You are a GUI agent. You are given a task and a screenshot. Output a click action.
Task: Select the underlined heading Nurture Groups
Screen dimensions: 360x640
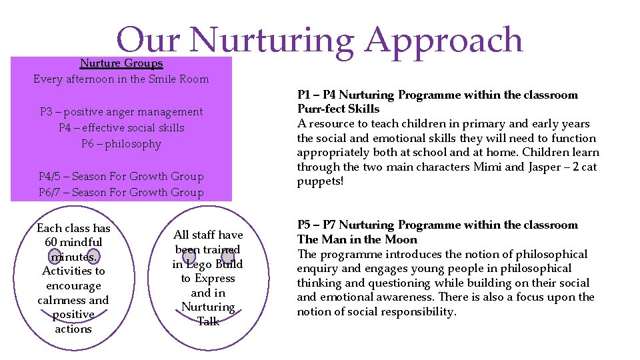121,63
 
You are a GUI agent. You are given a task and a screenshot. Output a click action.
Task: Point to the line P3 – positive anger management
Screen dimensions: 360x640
121,112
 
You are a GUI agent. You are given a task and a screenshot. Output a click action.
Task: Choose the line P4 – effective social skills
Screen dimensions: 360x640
121,128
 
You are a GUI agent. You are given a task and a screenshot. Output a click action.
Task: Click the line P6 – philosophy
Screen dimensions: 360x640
121,144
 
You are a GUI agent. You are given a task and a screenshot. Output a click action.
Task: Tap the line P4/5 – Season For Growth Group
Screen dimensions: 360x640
121,177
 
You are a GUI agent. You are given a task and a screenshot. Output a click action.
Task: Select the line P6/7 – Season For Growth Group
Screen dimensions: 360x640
121,193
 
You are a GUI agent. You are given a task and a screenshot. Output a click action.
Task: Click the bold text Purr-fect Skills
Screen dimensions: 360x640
338,109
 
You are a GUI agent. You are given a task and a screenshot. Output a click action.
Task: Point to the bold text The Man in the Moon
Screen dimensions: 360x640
357,239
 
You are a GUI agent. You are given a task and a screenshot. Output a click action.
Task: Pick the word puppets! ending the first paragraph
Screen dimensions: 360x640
320,181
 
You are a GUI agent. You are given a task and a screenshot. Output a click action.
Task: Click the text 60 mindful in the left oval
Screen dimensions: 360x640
73,243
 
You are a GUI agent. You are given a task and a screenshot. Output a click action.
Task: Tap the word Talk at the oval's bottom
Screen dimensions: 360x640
208,321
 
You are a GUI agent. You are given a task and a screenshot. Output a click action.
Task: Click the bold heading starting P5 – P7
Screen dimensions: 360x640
437,225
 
